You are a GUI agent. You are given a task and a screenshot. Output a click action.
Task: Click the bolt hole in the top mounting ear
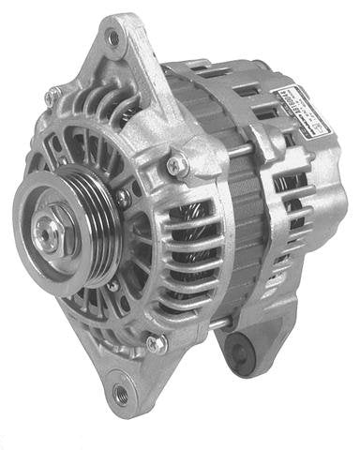point(112,38)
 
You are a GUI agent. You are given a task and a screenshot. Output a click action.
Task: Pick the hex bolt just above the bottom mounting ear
point(156,343)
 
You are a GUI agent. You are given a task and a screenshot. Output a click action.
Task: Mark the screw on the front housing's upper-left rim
point(53,94)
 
